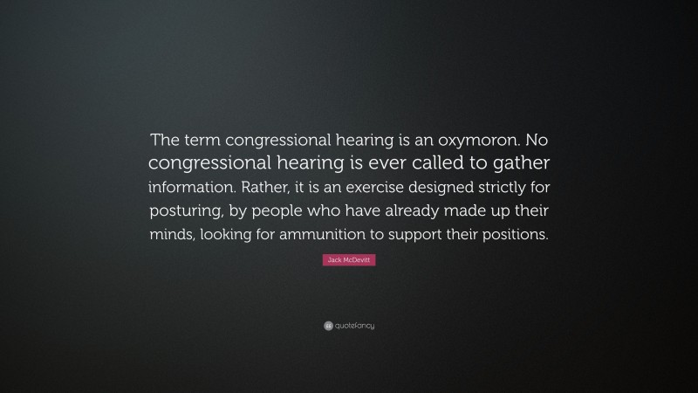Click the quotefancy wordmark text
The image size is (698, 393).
(x=354, y=326)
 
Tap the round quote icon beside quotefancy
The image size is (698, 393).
(x=328, y=326)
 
